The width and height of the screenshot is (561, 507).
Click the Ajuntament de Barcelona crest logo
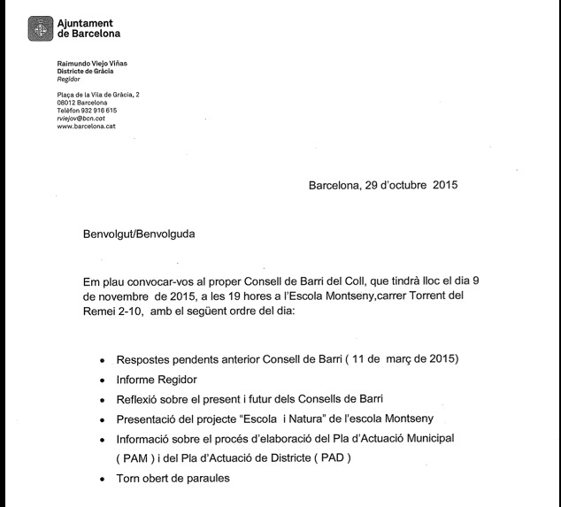[40, 29]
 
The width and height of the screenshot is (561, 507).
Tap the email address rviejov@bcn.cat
[81, 118]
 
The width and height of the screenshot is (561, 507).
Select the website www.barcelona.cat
[87, 127]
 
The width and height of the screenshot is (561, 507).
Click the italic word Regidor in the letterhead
[68, 78]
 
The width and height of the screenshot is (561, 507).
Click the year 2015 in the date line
[445, 186]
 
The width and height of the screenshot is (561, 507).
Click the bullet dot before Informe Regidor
[103, 380]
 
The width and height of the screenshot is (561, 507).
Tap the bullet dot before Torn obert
[103, 480]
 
